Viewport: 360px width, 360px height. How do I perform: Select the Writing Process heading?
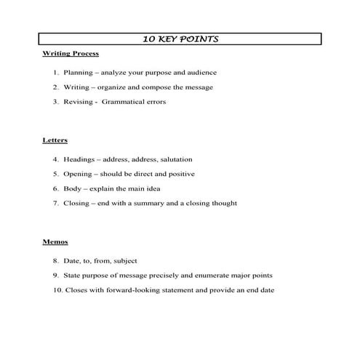(70, 54)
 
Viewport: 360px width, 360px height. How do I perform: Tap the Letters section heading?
(55, 140)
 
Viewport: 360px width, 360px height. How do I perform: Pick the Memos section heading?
(55, 241)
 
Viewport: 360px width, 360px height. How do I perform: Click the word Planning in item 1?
(78, 73)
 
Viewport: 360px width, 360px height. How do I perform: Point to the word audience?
(201, 73)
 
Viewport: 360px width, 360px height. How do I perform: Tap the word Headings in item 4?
(80, 159)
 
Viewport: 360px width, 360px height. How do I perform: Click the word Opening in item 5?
(79, 174)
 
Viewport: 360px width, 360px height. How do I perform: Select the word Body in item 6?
(72, 188)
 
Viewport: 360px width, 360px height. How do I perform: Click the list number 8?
(55, 260)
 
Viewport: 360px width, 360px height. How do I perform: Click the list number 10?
(58, 290)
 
